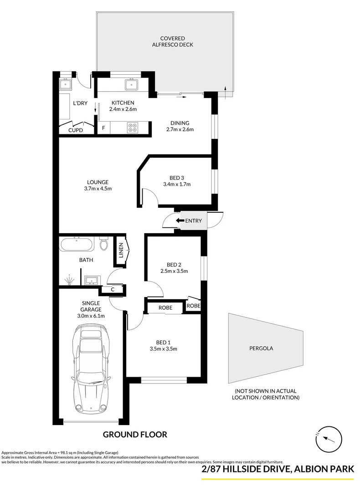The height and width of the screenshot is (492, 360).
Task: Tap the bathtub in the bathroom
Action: (76, 244)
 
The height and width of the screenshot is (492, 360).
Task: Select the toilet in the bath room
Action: (103, 244)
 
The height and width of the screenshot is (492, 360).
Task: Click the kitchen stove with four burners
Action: (132, 128)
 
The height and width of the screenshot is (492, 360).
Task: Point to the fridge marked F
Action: (103, 128)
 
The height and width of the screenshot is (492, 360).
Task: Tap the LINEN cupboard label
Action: (121, 251)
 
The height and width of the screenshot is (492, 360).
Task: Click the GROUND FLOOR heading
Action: (135, 435)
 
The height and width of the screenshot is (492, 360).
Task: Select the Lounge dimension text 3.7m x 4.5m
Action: (98, 189)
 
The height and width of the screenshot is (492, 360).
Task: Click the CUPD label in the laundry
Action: (76, 130)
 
